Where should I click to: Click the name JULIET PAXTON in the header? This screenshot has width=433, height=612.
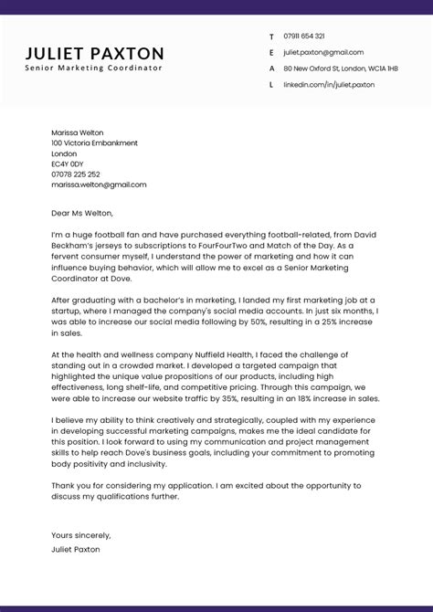point(95,54)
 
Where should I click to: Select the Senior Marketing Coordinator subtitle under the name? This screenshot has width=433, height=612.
point(94,69)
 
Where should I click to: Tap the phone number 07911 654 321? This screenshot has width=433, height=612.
point(304,37)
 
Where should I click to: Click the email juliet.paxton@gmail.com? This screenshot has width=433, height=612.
point(323,53)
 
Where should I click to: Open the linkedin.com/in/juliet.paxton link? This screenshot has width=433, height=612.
point(329,85)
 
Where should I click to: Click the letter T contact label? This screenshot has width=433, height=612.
point(271,37)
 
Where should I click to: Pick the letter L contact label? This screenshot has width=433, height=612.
point(271,85)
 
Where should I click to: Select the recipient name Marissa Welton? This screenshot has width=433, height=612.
point(79,132)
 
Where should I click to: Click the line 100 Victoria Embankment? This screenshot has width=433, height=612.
point(95,143)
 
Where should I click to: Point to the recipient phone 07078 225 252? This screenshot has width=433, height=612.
point(76,174)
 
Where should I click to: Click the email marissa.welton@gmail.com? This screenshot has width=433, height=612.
point(99,185)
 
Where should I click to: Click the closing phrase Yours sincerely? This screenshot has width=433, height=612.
point(81,535)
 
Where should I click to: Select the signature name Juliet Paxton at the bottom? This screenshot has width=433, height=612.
point(76,550)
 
